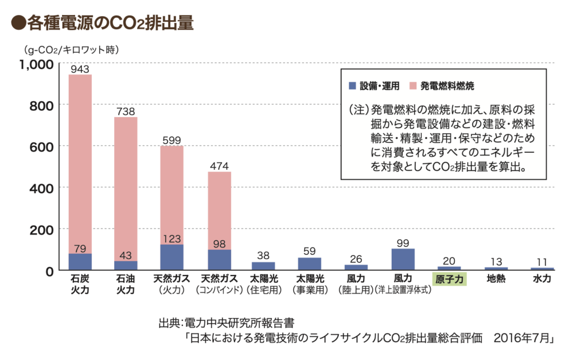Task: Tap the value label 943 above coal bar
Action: pyautogui.click(x=80, y=69)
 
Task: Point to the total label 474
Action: pyautogui.click(x=219, y=166)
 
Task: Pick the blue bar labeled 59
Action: pyautogui.click(x=309, y=264)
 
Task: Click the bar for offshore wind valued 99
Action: pyautogui.click(x=403, y=259)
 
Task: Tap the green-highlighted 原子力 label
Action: pyautogui.click(x=449, y=278)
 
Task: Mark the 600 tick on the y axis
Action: pyautogui.click(x=41, y=146)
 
